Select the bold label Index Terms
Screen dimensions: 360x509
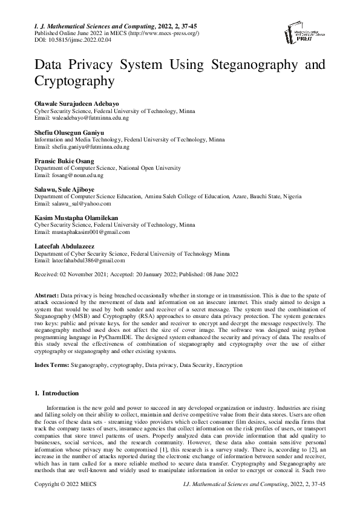click(51, 365)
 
